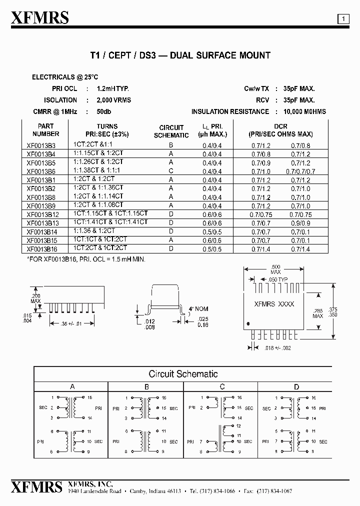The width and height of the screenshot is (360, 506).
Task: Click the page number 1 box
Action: (x=344, y=19)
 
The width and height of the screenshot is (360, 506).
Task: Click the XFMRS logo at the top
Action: (x=39, y=18)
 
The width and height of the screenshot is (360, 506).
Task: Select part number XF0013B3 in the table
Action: (x=41, y=145)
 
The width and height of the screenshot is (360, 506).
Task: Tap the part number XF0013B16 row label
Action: (x=42, y=248)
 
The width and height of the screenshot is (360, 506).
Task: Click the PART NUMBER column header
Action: (x=45, y=130)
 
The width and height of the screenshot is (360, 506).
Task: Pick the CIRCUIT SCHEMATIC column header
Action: (x=171, y=131)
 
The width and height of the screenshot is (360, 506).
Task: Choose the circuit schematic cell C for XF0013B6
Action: (x=171, y=171)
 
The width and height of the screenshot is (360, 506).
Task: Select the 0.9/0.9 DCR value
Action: (x=300, y=223)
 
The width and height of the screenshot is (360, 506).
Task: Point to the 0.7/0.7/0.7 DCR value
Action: (x=300, y=171)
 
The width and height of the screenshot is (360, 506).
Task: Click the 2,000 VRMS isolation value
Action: (x=113, y=100)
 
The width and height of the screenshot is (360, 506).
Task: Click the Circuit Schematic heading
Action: (x=183, y=374)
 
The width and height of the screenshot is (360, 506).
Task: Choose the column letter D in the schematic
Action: (x=296, y=386)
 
